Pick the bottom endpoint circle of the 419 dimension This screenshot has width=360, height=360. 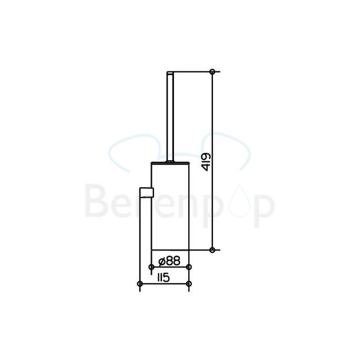pos(212,250)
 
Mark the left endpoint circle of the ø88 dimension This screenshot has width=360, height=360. pos(151,267)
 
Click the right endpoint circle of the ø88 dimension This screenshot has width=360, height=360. pos(189,267)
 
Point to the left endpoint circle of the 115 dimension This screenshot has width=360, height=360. pos(139,284)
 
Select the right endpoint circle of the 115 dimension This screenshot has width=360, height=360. pos(189,284)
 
